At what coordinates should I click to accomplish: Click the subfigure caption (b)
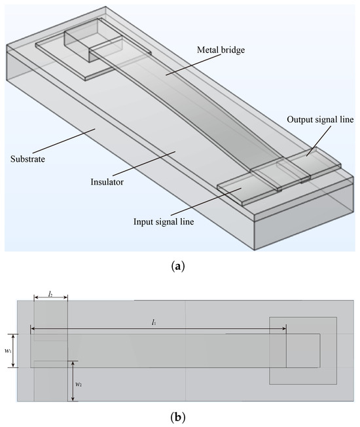tap(179, 415)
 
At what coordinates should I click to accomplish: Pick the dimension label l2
tap(50, 295)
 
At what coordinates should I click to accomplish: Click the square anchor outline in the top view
tap(303, 351)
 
